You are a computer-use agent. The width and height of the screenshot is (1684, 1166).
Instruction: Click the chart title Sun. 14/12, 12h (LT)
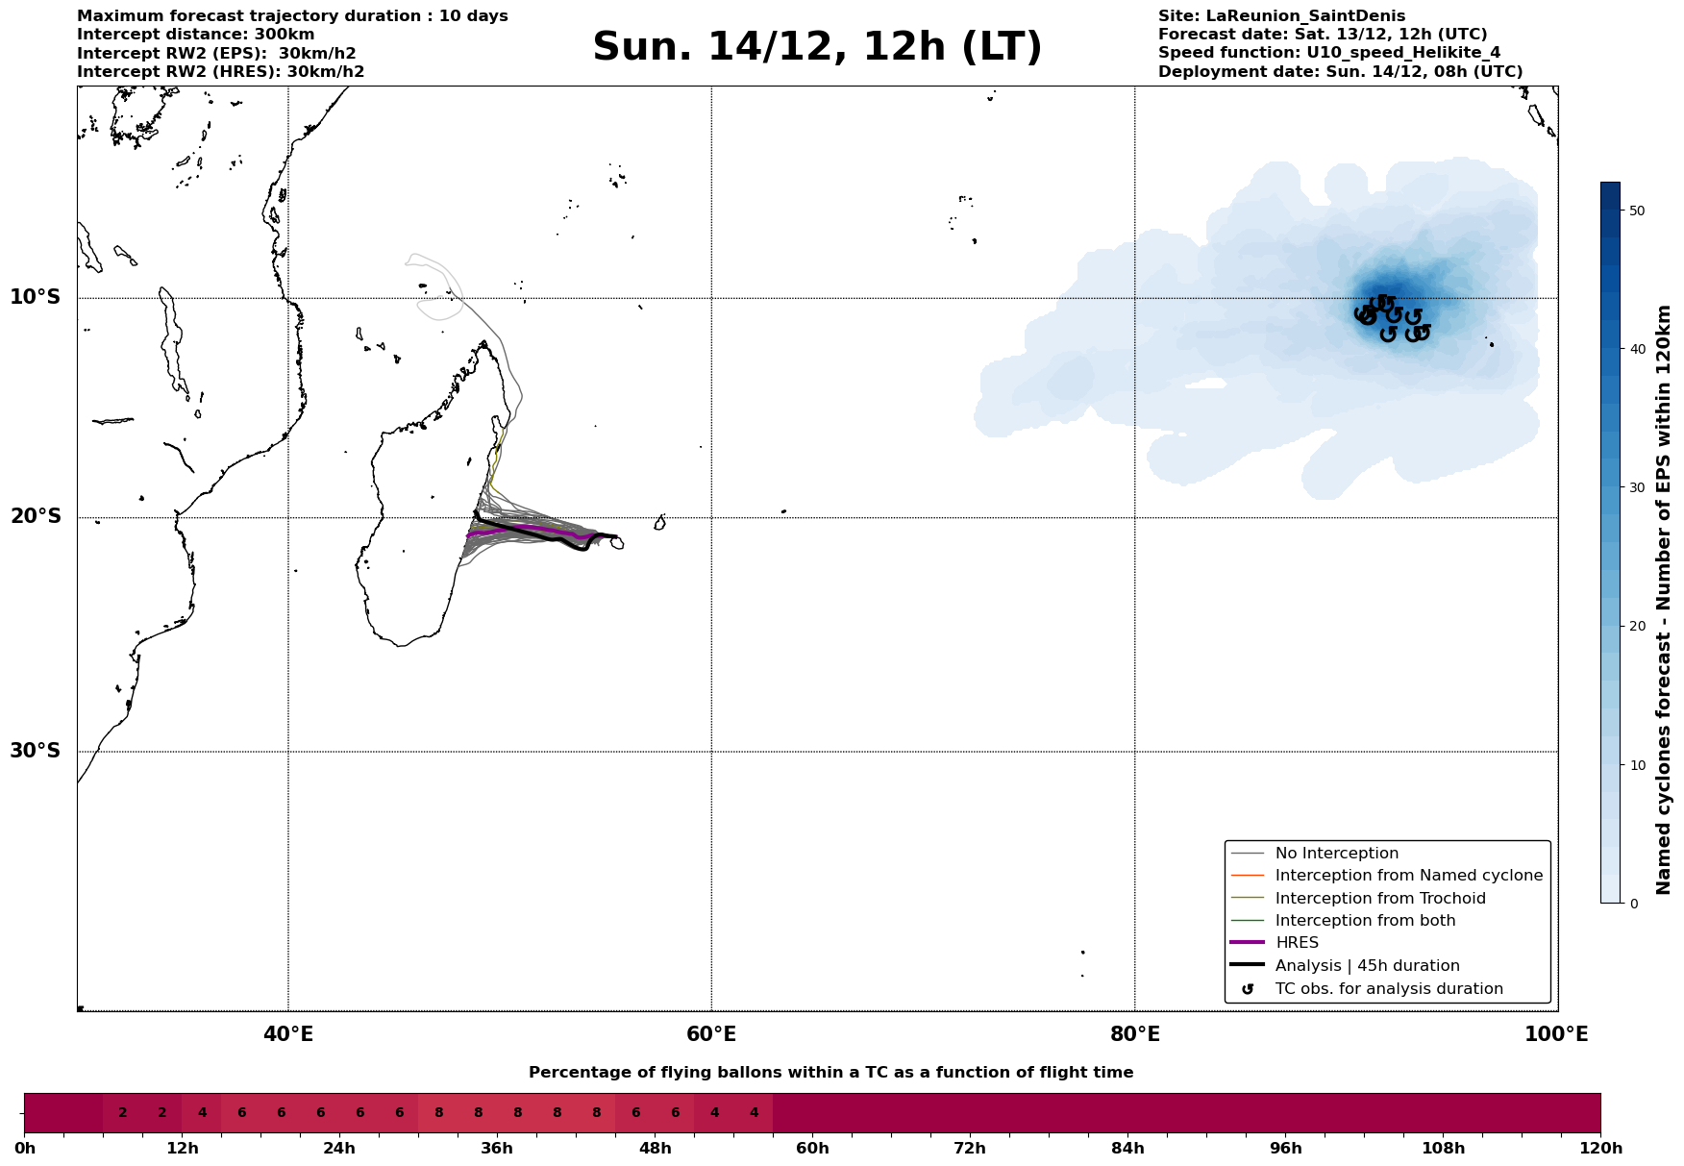817,47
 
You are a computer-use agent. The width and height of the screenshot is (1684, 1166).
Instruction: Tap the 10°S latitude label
36,297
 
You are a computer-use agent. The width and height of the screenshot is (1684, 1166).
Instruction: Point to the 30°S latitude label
36,751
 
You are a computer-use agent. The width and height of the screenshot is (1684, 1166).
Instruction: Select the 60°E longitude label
711,1034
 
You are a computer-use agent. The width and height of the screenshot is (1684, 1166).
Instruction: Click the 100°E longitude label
1556,1034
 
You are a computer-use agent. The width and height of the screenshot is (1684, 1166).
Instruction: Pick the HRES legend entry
1297,943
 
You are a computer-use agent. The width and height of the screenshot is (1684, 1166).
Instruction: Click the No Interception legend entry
1336,854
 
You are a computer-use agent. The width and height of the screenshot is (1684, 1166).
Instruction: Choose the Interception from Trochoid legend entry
1379,899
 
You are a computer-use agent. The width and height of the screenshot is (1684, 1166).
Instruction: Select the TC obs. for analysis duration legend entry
1388,989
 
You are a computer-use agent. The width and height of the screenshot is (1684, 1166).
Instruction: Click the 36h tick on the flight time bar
497,1148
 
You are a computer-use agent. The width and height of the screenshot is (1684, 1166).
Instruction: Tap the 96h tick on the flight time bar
1286,1148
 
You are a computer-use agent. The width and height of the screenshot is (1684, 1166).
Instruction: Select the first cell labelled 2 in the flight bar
123,1113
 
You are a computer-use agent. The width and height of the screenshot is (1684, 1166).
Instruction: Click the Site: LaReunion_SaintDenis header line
1281,16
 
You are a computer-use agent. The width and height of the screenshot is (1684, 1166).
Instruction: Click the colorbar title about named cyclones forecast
1664,600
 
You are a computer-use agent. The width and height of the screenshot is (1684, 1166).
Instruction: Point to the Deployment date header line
1340,72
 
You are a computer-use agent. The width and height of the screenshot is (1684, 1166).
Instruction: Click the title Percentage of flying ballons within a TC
830,1073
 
